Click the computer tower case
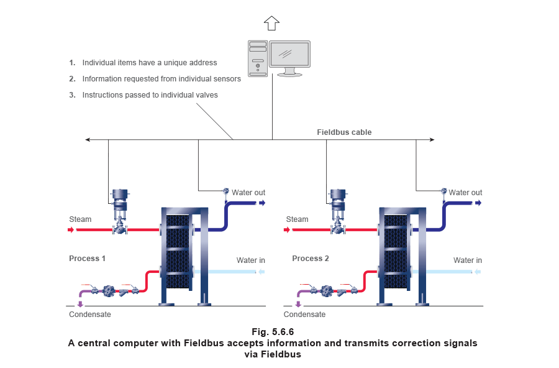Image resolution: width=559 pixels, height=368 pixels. click(258, 58)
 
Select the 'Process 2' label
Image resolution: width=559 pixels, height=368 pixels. click(310, 258)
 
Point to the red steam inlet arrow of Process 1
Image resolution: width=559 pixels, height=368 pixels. click(71, 230)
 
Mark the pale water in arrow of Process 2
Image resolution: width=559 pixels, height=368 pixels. click(478, 272)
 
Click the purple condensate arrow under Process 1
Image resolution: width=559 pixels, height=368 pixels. click(81, 304)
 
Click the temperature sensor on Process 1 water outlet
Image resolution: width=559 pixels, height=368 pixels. click(226, 190)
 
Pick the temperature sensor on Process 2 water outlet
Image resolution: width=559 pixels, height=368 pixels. click(443, 190)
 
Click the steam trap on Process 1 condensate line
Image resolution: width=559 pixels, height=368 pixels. click(109, 290)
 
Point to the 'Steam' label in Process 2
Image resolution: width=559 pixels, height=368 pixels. click(298, 219)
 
